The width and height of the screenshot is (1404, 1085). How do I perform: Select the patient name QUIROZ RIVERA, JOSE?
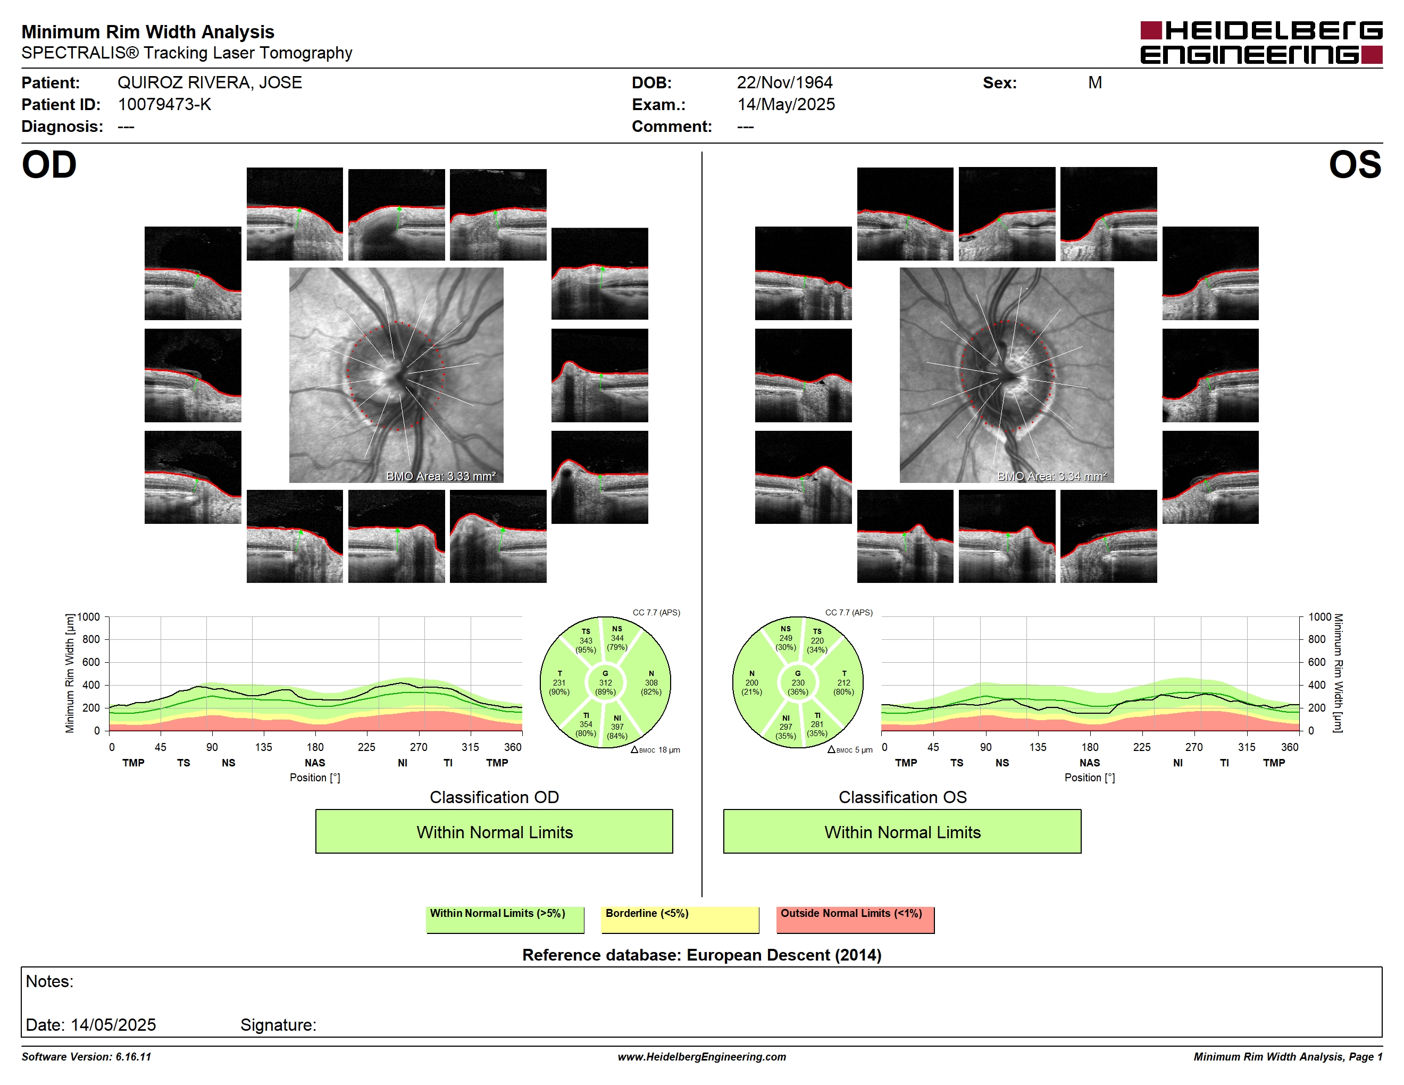click(210, 83)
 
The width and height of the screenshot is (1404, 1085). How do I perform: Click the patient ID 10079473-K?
click(164, 105)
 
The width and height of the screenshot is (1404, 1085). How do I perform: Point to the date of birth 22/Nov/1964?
click(784, 83)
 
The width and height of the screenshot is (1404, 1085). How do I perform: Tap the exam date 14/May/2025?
click(786, 105)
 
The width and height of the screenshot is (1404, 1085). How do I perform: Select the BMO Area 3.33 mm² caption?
click(441, 477)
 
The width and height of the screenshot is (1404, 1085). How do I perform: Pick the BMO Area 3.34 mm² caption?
click(1052, 477)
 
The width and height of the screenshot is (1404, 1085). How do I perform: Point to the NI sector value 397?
click(617, 727)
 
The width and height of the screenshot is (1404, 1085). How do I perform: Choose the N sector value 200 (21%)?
click(751, 687)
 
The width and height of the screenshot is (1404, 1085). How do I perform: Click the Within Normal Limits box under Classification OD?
click(494, 831)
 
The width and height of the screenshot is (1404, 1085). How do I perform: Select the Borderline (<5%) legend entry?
click(680, 919)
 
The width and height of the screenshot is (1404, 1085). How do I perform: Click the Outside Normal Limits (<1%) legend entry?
click(855, 919)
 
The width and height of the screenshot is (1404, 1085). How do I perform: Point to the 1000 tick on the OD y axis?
click(89, 617)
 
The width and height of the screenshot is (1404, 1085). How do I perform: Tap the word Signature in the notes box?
click(278, 1025)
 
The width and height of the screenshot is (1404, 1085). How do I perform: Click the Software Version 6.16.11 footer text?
click(86, 1057)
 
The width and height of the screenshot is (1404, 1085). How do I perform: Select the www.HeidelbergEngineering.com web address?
click(701, 1057)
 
